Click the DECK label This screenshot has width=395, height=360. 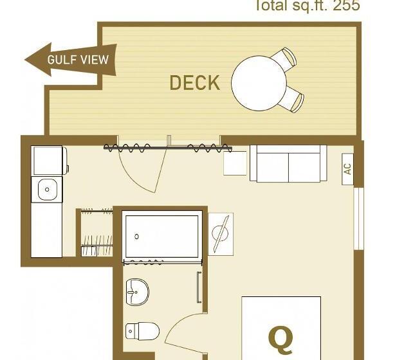click(194, 82)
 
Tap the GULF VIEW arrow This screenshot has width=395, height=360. click(71, 60)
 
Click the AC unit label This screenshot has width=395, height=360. click(347, 169)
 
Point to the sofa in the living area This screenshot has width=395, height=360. click(288, 164)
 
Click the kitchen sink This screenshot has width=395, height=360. click(48, 190)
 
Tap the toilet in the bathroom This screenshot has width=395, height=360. click(141, 330)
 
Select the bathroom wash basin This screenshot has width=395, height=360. click(136, 291)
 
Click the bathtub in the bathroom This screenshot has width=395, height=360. click(162, 236)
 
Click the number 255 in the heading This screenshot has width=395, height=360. click(346, 6)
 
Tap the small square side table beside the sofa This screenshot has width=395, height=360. click(235, 163)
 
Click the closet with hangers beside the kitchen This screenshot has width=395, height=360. click(95, 233)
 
